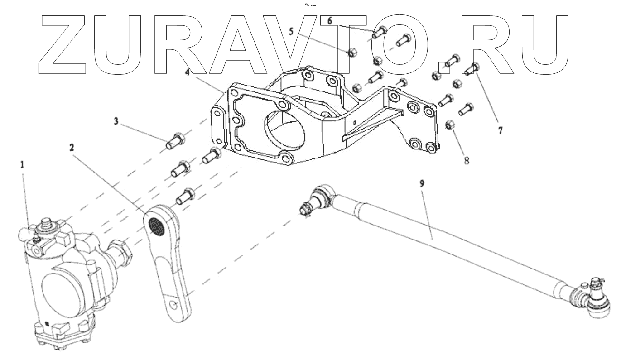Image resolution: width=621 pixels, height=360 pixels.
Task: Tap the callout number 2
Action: tap(72, 147)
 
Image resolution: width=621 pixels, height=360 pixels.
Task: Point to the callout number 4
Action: tap(187, 71)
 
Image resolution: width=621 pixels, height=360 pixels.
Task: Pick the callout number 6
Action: tap(330, 20)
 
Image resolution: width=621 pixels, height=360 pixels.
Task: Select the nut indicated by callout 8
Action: tap(450, 125)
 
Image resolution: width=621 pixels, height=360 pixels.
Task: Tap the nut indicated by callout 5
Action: tap(351, 53)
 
